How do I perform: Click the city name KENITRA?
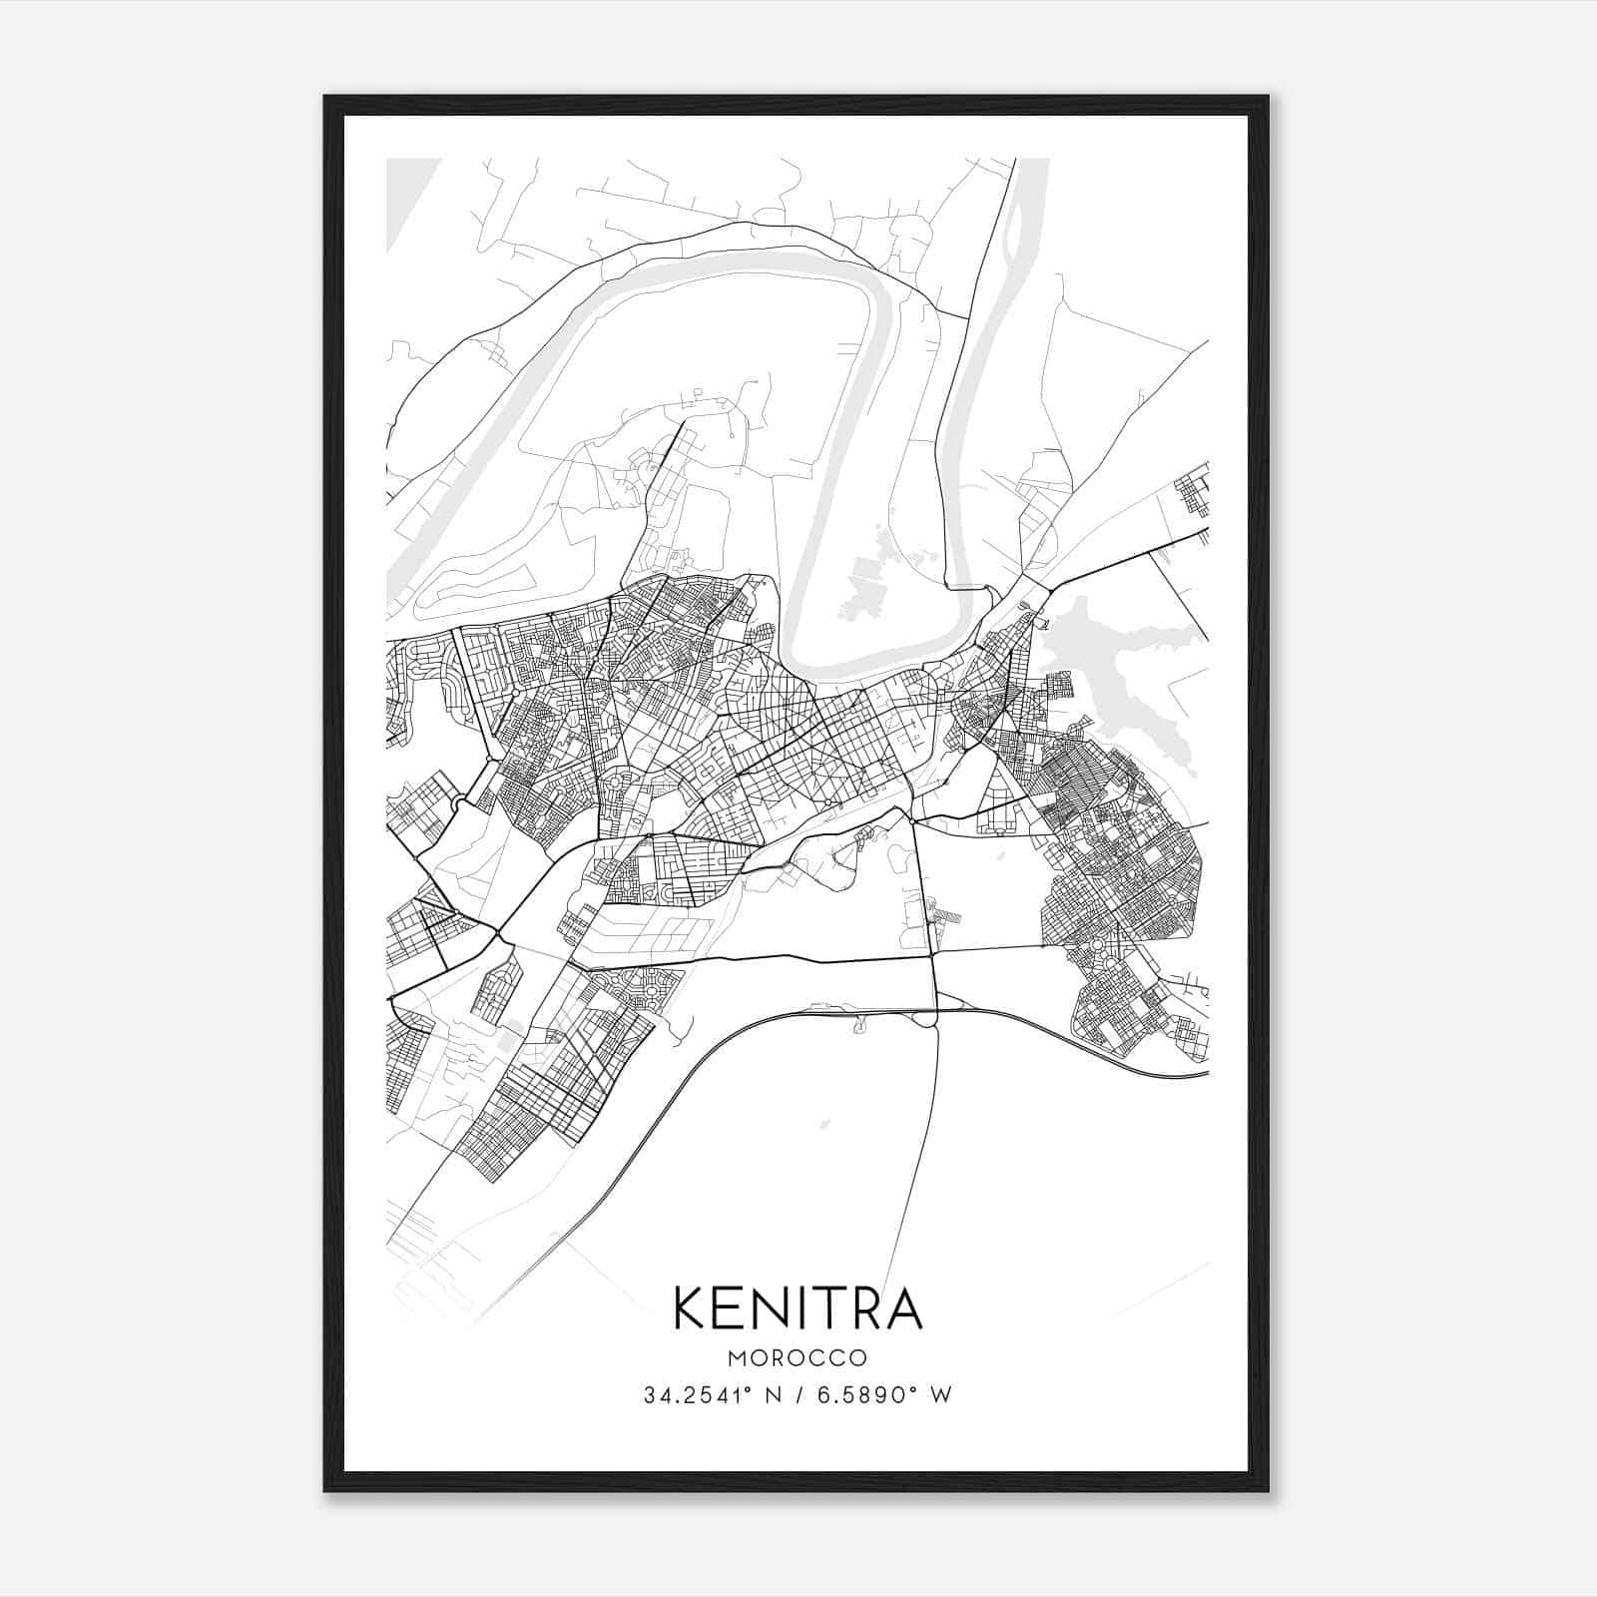[798, 1308]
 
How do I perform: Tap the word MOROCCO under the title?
[798, 1358]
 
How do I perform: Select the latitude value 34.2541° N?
[712, 1394]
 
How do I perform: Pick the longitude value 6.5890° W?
[884, 1394]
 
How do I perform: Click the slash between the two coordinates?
[798, 1394]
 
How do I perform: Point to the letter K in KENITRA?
[693, 1308]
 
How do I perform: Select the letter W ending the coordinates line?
[941, 1394]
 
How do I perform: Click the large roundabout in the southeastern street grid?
[1096, 944]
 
